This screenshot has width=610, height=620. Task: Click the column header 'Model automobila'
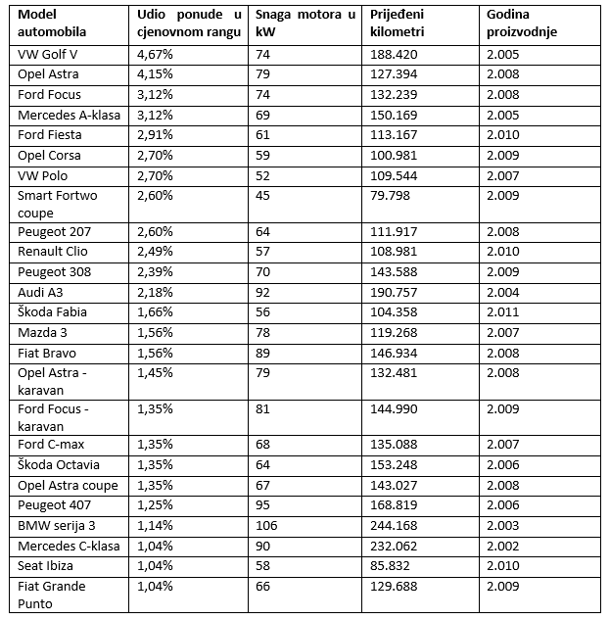pyautogui.click(x=51, y=23)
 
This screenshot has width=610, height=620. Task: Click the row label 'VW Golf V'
pyautogui.click(x=49, y=54)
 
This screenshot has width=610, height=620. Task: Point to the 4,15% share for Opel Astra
pyautogui.click(x=156, y=74)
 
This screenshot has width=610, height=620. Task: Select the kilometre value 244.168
pyautogui.click(x=394, y=526)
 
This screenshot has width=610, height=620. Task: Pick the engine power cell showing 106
pyautogui.click(x=265, y=526)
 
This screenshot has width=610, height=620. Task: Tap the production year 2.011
pyautogui.click(x=504, y=311)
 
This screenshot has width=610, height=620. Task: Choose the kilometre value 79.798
pyautogui.click(x=390, y=195)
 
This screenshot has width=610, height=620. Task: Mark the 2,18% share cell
pyautogui.click(x=156, y=292)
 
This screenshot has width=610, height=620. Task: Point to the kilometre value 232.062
pyautogui.click(x=394, y=547)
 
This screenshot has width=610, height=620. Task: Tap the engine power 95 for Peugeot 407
pyautogui.click(x=262, y=505)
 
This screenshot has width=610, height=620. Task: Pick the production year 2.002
pyautogui.click(x=504, y=547)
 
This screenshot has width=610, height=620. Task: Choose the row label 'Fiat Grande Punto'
pyautogui.click(x=51, y=595)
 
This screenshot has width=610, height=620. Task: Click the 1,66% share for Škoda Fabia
pyautogui.click(x=156, y=311)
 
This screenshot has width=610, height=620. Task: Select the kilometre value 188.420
pyautogui.click(x=394, y=54)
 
